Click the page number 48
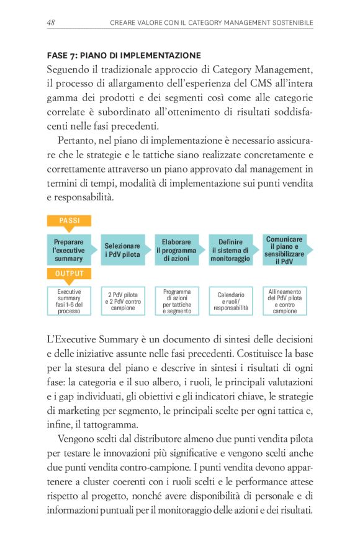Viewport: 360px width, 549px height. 52,22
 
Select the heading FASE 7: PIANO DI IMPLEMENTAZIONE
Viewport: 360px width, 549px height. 124,55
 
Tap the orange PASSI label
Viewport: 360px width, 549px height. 69,220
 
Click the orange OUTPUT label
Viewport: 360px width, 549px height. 69,273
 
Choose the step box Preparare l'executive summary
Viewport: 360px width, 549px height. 69,249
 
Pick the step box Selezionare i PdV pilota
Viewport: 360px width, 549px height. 122,249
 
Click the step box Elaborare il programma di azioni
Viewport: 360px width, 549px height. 176,249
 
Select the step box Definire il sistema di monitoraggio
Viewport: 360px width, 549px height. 230,249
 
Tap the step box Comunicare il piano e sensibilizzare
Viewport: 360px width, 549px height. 284,249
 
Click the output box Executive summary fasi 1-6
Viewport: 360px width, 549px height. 69,300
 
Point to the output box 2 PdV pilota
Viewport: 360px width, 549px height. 122,300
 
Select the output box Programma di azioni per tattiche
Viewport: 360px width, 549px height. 176,300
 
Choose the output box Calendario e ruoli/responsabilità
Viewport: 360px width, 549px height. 230,300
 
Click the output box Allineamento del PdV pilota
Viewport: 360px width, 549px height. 284,300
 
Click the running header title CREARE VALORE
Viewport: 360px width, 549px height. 212,23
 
